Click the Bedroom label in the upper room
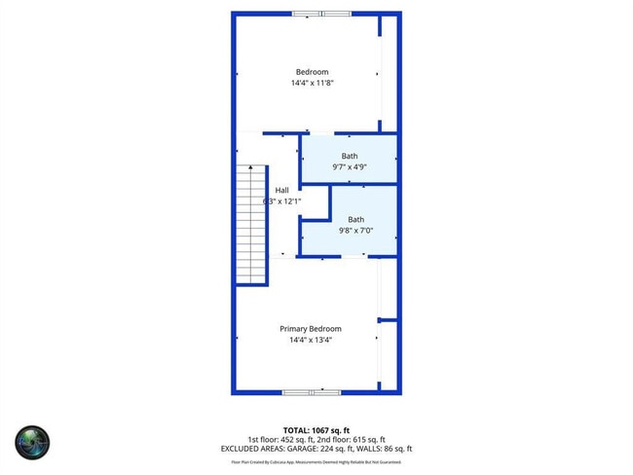[312, 72]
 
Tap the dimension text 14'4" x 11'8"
[312, 84]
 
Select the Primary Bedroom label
[311, 329]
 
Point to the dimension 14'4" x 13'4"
[311, 341]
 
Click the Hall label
[281, 190]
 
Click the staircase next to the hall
[251, 224]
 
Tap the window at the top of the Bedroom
[321, 14]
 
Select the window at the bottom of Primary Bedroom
[311, 392]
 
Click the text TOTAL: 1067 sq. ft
[316, 429]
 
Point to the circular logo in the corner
[32, 441]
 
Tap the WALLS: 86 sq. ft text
[388, 449]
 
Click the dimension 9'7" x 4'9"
[349, 167]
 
